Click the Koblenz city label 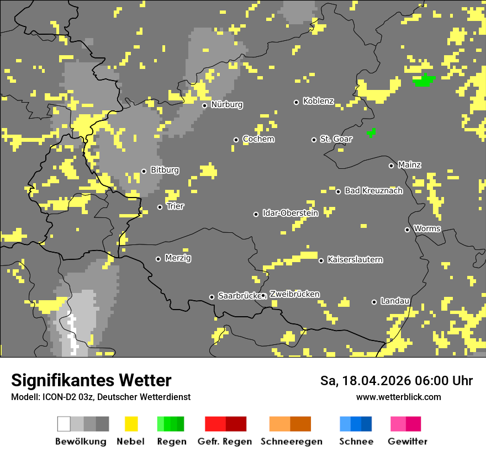coord(318,101)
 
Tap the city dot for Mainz coord(391,166)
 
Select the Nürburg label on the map coord(226,104)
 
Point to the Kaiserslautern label coord(355,259)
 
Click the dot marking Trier coord(160,207)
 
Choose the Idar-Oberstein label coord(290,213)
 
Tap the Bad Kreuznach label coord(373,190)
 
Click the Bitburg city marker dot coord(144,171)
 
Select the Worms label coord(427,228)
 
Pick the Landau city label coord(395,301)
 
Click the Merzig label coord(178,258)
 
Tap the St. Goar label coord(336,139)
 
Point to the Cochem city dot coord(236,140)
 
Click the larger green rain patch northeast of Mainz coord(424,81)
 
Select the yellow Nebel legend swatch coord(131,424)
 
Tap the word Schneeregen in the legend coord(291,441)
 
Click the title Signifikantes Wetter coord(91,380)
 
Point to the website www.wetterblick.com coord(398,397)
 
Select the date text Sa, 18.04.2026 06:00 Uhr coord(396,381)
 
